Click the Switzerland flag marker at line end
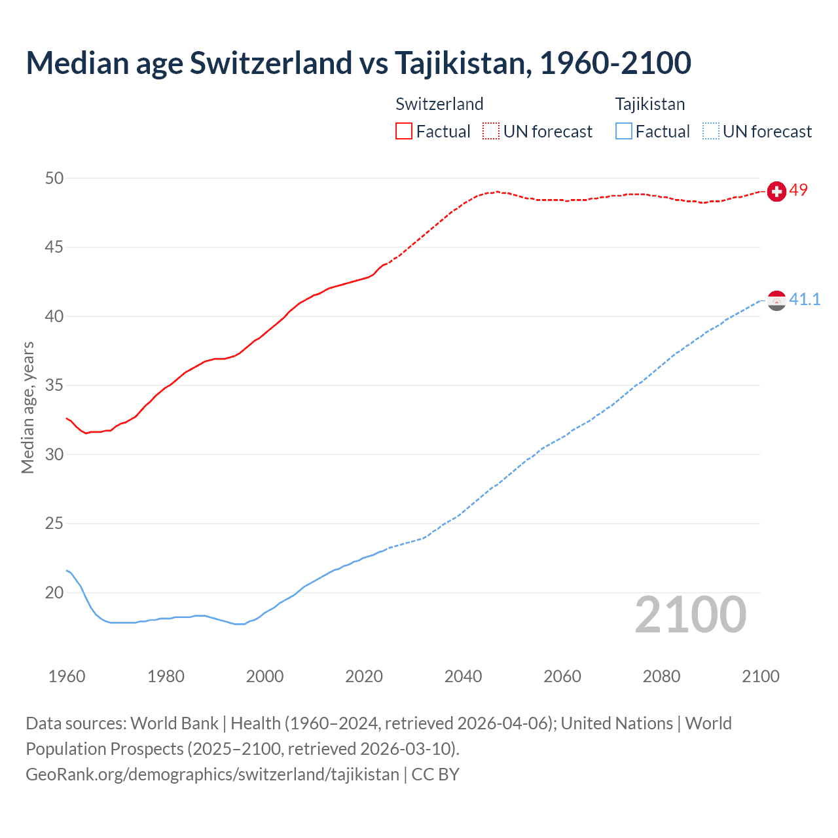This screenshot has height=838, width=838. click(x=776, y=191)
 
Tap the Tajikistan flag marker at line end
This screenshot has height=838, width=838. click(x=776, y=301)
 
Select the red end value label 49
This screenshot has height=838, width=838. click(x=799, y=190)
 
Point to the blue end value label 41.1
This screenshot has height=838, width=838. click(x=805, y=299)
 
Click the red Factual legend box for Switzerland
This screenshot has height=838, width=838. click(x=404, y=132)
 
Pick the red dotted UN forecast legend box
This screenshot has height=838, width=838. click(x=491, y=132)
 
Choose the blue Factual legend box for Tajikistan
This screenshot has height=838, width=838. click(x=624, y=132)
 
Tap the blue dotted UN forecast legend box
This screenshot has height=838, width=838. click(x=710, y=132)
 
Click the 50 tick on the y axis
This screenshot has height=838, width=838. click(x=54, y=178)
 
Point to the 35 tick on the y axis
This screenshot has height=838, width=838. click(x=54, y=385)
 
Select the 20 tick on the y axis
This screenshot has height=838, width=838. click(x=54, y=592)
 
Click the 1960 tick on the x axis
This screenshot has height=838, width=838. click(x=67, y=676)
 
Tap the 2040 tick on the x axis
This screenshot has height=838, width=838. click(x=463, y=676)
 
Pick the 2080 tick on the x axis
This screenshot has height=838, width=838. click(x=661, y=676)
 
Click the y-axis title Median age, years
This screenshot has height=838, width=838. click(x=27, y=407)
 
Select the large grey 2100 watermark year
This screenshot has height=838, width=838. click(x=690, y=615)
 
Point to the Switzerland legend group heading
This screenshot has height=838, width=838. click(x=439, y=104)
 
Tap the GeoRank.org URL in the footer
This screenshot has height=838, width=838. click(x=212, y=774)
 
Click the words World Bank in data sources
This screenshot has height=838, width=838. click(x=174, y=723)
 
